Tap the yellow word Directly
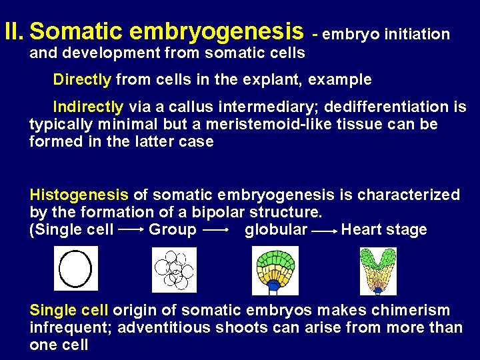[82, 80]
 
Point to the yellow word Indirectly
[88, 107]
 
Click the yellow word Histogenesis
[79, 195]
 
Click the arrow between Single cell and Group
[131, 230]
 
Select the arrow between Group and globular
[216, 230]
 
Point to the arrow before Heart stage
[323, 230]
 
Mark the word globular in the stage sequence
[276, 230]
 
